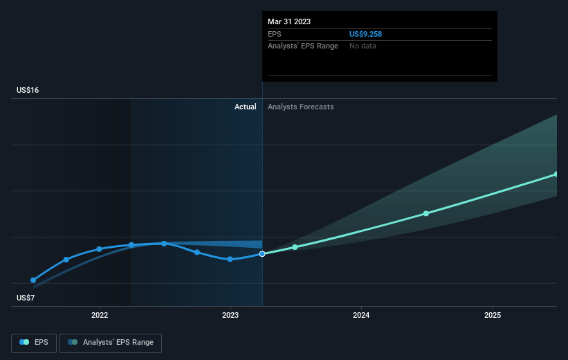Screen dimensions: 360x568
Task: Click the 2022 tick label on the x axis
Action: click(x=100, y=316)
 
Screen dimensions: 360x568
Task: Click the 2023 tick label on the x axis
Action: click(x=230, y=316)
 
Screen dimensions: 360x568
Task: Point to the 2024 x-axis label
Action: click(x=361, y=316)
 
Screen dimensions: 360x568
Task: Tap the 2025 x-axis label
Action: click(x=492, y=316)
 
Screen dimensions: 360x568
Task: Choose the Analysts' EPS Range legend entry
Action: click(x=111, y=342)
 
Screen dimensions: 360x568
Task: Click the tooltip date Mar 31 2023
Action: click(x=289, y=21)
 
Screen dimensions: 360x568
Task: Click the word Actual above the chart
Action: click(x=245, y=107)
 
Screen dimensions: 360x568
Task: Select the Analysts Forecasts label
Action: click(x=300, y=107)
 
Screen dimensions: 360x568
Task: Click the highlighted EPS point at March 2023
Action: click(x=262, y=254)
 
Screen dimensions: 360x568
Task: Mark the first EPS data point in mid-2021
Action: click(x=33, y=280)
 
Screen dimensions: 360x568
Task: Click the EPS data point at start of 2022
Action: click(x=99, y=249)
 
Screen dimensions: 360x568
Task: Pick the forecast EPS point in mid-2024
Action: click(x=426, y=213)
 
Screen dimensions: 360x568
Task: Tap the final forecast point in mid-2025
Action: click(x=556, y=174)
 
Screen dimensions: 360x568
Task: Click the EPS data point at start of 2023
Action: click(x=230, y=259)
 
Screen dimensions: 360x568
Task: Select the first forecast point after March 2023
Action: click(x=295, y=247)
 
